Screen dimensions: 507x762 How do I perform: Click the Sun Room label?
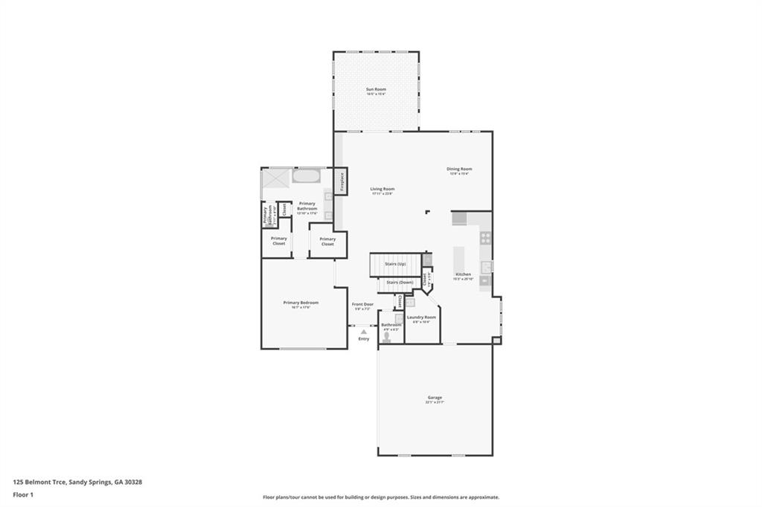(x=376, y=89)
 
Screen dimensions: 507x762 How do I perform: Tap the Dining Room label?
(x=459, y=169)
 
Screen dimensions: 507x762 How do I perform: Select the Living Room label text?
(x=382, y=190)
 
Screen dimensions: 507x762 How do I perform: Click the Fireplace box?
(x=342, y=181)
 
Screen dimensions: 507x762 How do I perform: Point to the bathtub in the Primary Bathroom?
(x=306, y=177)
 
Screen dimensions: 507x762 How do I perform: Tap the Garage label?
(x=435, y=398)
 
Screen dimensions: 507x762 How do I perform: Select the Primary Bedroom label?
(x=301, y=303)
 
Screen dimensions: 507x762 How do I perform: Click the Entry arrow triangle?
(x=364, y=332)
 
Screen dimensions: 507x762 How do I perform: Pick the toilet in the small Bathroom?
(x=387, y=337)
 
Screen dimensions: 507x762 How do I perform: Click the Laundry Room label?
(x=421, y=318)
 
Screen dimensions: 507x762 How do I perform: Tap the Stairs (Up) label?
(x=395, y=264)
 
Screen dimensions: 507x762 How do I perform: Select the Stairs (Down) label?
(x=400, y=282)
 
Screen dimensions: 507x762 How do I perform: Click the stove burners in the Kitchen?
(x=485, y=239)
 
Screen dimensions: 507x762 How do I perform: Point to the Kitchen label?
(x=464, y=274)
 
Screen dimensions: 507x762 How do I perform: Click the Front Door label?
(x=362, y=304)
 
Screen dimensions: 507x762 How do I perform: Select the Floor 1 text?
(x=25, y=494)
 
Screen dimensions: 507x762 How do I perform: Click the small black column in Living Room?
(x=427, y=213)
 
